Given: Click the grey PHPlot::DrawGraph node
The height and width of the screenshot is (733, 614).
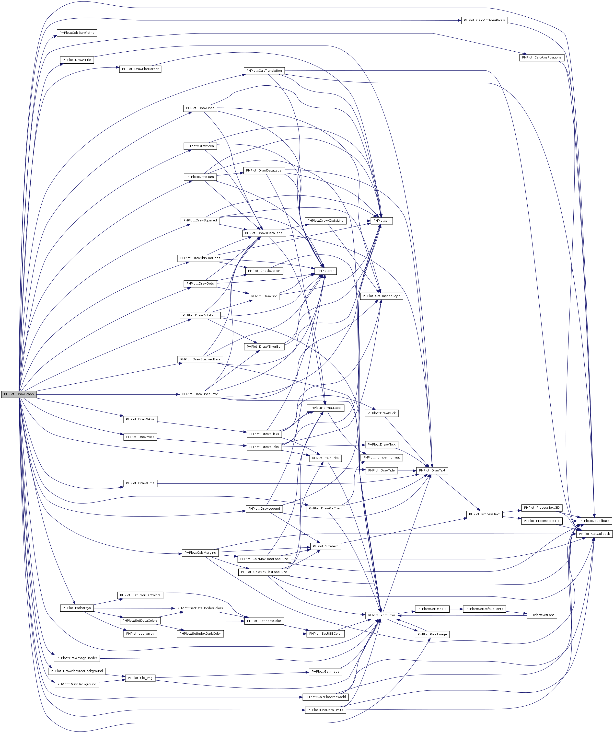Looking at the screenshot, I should (19, 394).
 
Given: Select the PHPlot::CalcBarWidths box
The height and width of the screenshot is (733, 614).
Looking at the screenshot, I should (77, 33).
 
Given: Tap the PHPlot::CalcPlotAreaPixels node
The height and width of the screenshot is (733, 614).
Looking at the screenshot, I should (484, 20).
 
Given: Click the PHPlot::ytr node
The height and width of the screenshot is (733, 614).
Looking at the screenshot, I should (382, 221).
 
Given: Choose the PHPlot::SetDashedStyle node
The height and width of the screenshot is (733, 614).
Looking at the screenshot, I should (382, 296).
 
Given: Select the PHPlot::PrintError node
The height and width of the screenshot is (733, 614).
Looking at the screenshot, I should (382, 615).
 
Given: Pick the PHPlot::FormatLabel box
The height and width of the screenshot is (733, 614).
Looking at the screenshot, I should (325, 408).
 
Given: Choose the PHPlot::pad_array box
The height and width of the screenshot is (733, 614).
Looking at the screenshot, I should (140, 633).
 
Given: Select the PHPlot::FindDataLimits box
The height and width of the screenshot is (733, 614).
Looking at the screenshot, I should (325, 710).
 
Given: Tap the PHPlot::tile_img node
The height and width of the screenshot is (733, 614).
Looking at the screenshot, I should (140, 678).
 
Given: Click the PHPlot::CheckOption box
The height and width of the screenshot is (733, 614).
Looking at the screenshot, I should (264, 271).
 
